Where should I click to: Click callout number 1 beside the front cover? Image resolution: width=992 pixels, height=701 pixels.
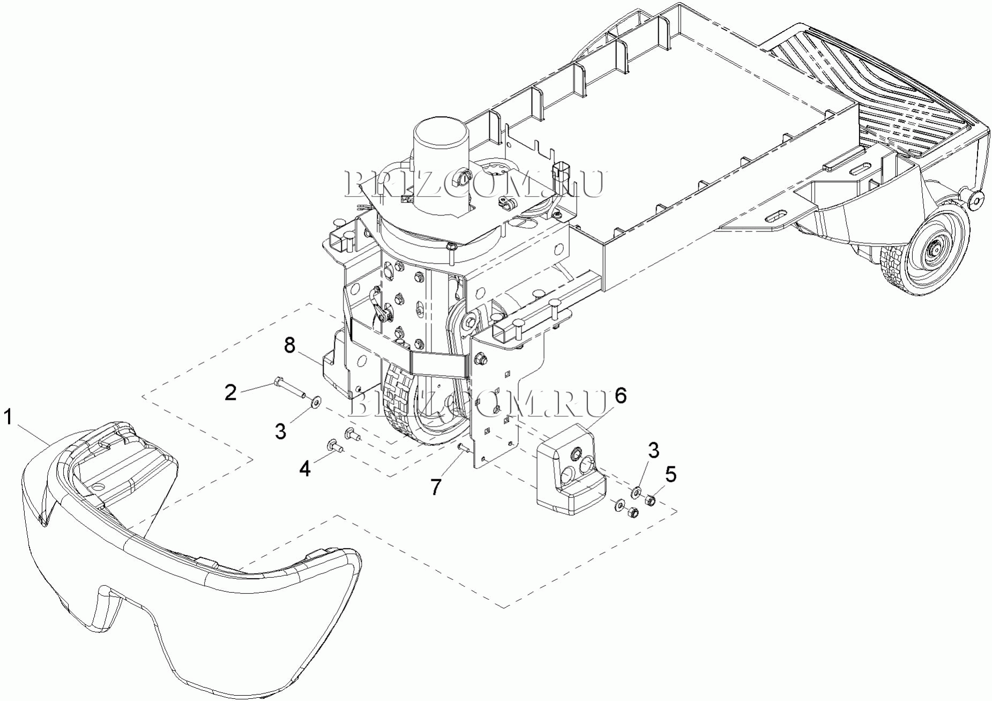point(8,416)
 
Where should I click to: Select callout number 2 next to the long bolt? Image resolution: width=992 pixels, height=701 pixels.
point(230,393)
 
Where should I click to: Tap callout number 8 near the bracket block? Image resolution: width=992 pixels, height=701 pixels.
point(289,346)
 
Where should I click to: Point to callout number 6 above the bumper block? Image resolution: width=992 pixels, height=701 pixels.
point(620,396)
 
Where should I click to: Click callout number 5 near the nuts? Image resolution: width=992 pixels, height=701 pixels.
point(670,474)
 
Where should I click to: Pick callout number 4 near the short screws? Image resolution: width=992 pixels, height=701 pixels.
point(304,469)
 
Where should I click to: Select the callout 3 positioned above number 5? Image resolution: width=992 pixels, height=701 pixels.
point(653,451)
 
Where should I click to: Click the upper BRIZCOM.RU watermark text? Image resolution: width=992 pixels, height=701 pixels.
point(474,184)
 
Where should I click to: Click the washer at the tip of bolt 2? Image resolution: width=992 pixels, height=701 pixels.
point(317,400)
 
